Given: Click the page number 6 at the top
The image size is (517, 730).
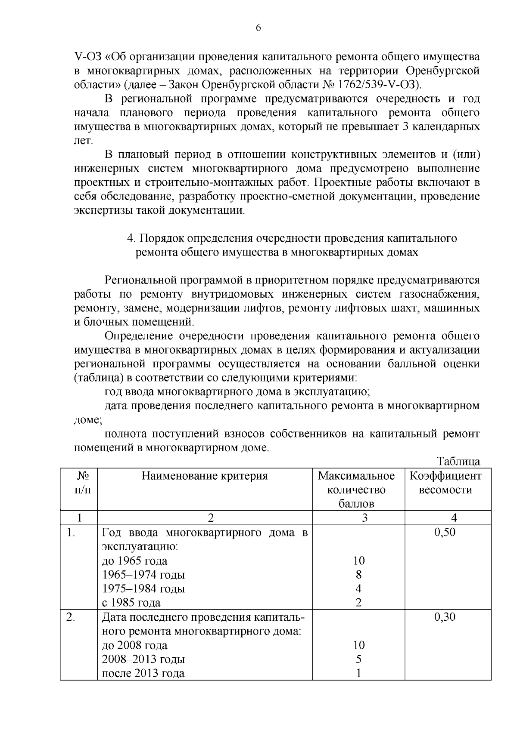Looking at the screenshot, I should point(258,28).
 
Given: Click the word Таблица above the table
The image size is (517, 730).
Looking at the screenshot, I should point(458,462).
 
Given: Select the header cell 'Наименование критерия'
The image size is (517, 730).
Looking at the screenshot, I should point(205,476).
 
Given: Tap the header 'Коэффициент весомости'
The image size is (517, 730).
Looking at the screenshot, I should point(445,483).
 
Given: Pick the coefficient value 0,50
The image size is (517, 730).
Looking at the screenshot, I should point(445,532).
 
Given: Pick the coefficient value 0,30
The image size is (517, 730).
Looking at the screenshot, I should point(445,617).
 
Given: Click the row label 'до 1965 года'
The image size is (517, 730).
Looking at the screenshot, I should point(134,561).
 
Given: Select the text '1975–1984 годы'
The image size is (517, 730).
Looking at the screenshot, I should point(143,588).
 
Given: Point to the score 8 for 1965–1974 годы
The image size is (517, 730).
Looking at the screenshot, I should point(358,575).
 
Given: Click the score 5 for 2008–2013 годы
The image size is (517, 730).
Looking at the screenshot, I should point(358,659).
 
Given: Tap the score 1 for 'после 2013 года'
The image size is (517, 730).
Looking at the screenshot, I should point(358,673).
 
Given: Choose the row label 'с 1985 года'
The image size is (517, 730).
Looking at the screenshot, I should point(131,603).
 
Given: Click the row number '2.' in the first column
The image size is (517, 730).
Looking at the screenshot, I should point(71,617).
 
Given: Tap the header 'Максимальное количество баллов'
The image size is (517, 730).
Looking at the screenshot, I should point(356,490).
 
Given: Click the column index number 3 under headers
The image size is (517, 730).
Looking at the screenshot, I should point(364,518).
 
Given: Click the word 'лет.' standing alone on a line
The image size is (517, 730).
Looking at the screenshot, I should point(84,141).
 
